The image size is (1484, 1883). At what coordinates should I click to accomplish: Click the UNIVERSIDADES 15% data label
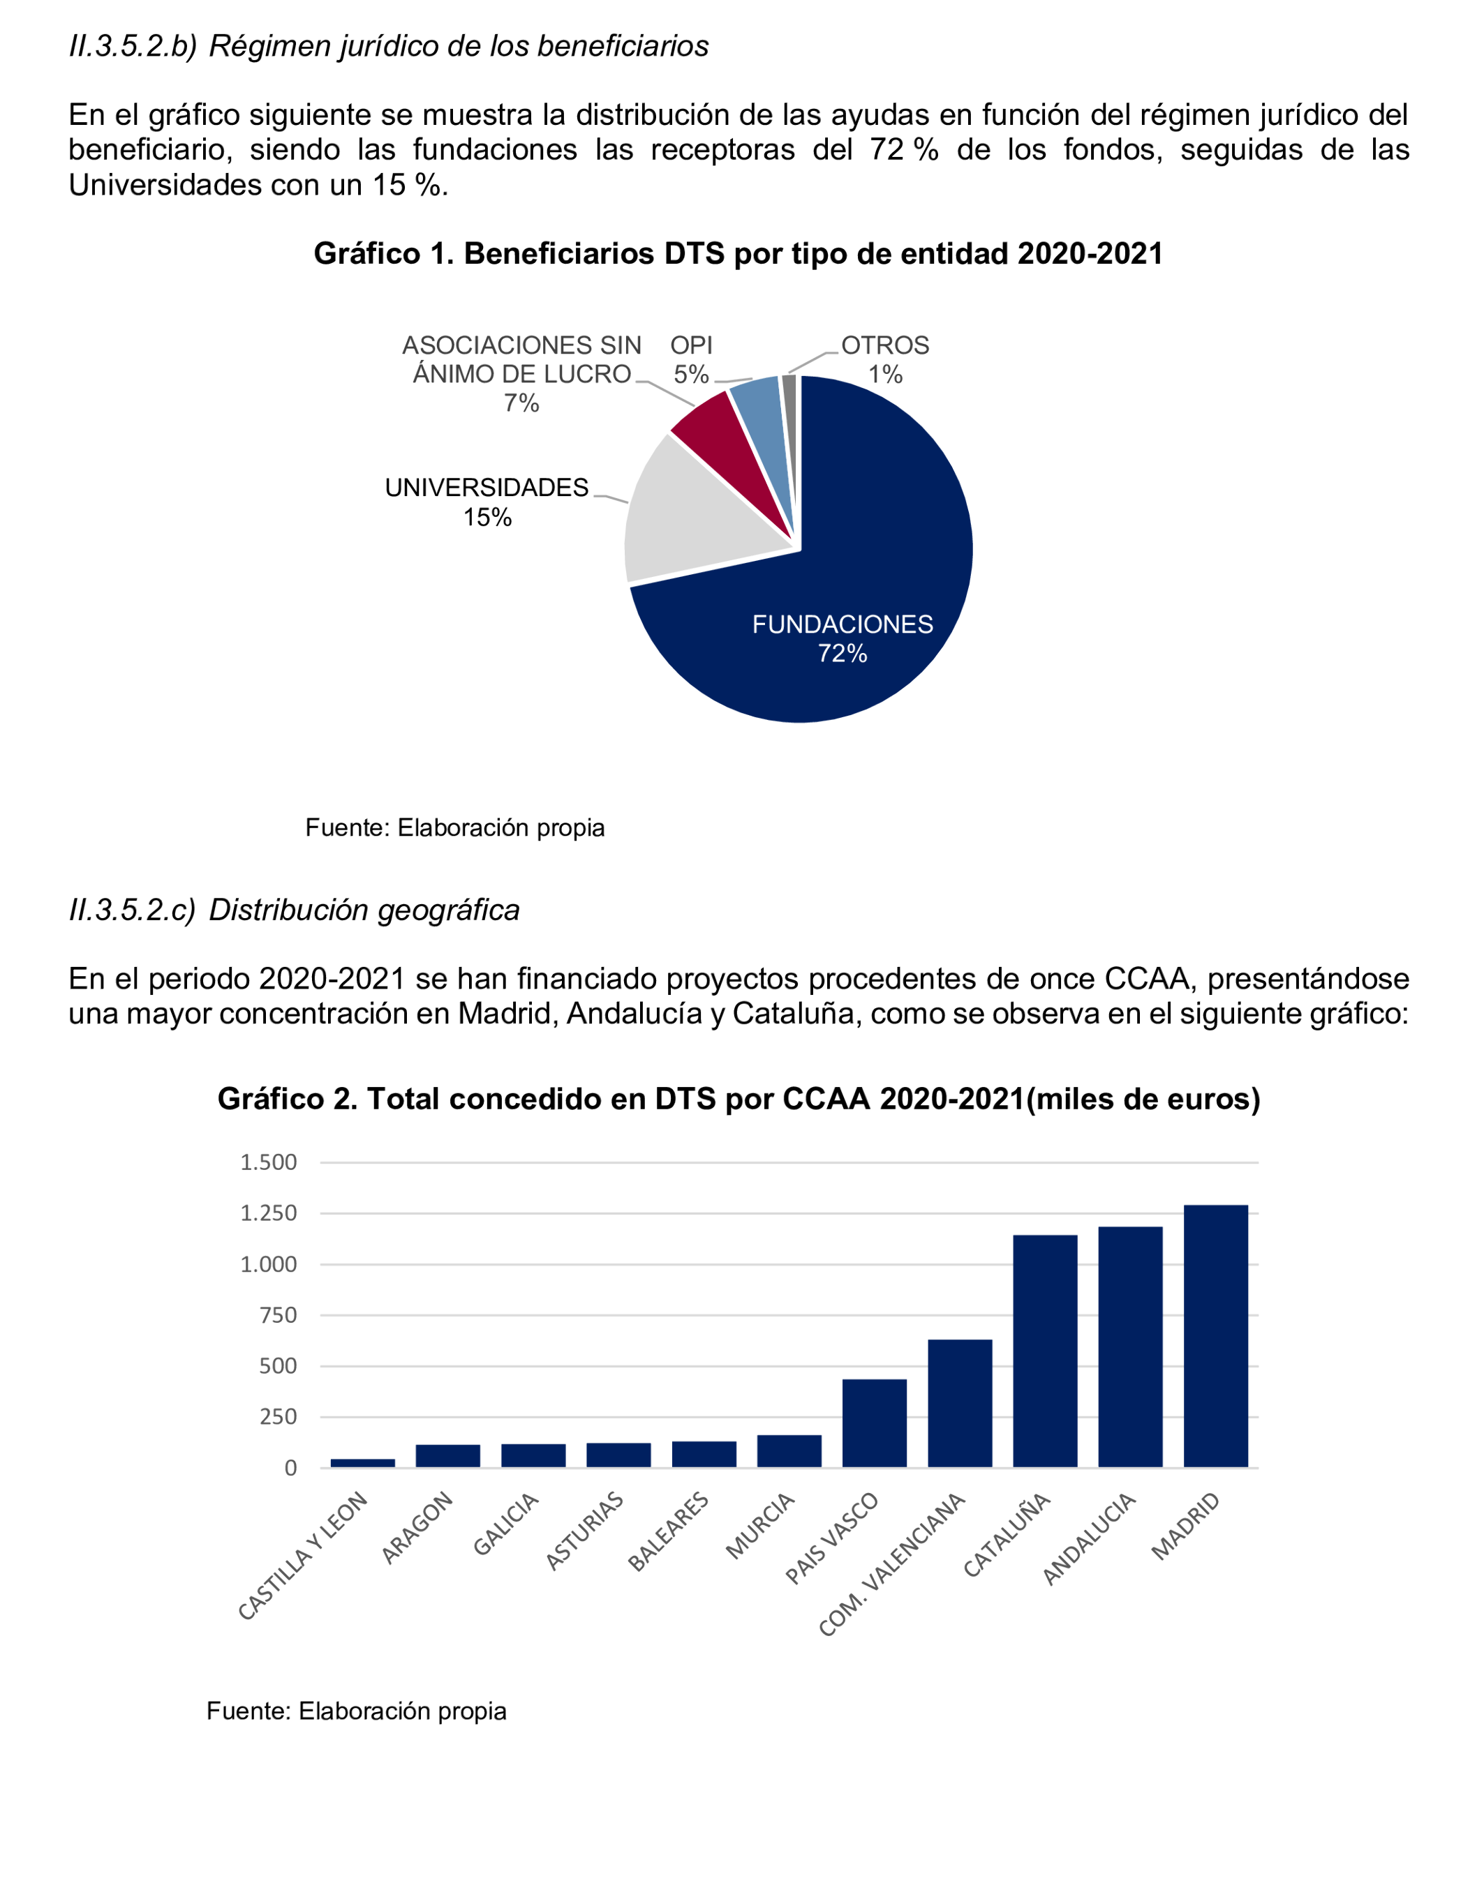click(487, 502)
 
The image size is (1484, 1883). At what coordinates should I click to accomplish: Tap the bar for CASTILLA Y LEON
click(362, 1462)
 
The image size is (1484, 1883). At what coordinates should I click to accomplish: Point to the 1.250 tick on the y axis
click(269, 1213)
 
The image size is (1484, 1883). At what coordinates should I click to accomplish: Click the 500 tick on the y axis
click(278, 1366)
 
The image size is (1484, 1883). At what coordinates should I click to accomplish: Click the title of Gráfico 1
click(738, 254)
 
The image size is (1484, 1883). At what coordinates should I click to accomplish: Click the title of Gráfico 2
click(738, 1099)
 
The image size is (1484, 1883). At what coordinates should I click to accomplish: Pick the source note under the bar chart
click(356, 1711)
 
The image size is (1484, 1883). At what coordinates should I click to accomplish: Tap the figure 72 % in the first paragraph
click(904, 150)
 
